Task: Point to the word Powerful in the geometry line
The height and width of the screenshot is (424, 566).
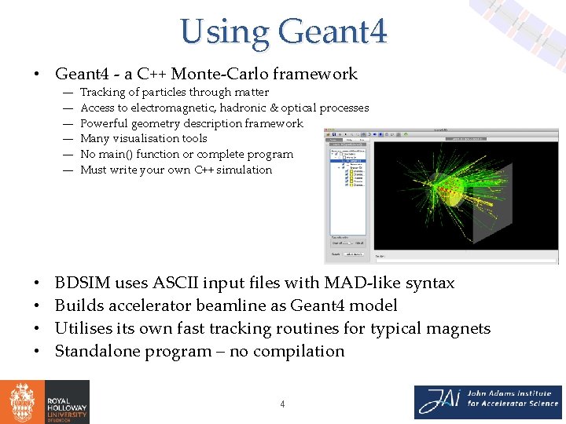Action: click(103, 123)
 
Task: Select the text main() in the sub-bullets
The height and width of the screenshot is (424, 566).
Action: click(115, 154)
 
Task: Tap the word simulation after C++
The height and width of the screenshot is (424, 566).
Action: click(244, 170)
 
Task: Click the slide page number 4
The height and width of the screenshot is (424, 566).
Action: click(282, 404)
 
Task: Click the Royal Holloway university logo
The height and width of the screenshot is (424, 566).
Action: click(45, 402)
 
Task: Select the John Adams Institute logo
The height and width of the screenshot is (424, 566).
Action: click(487, 402)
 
